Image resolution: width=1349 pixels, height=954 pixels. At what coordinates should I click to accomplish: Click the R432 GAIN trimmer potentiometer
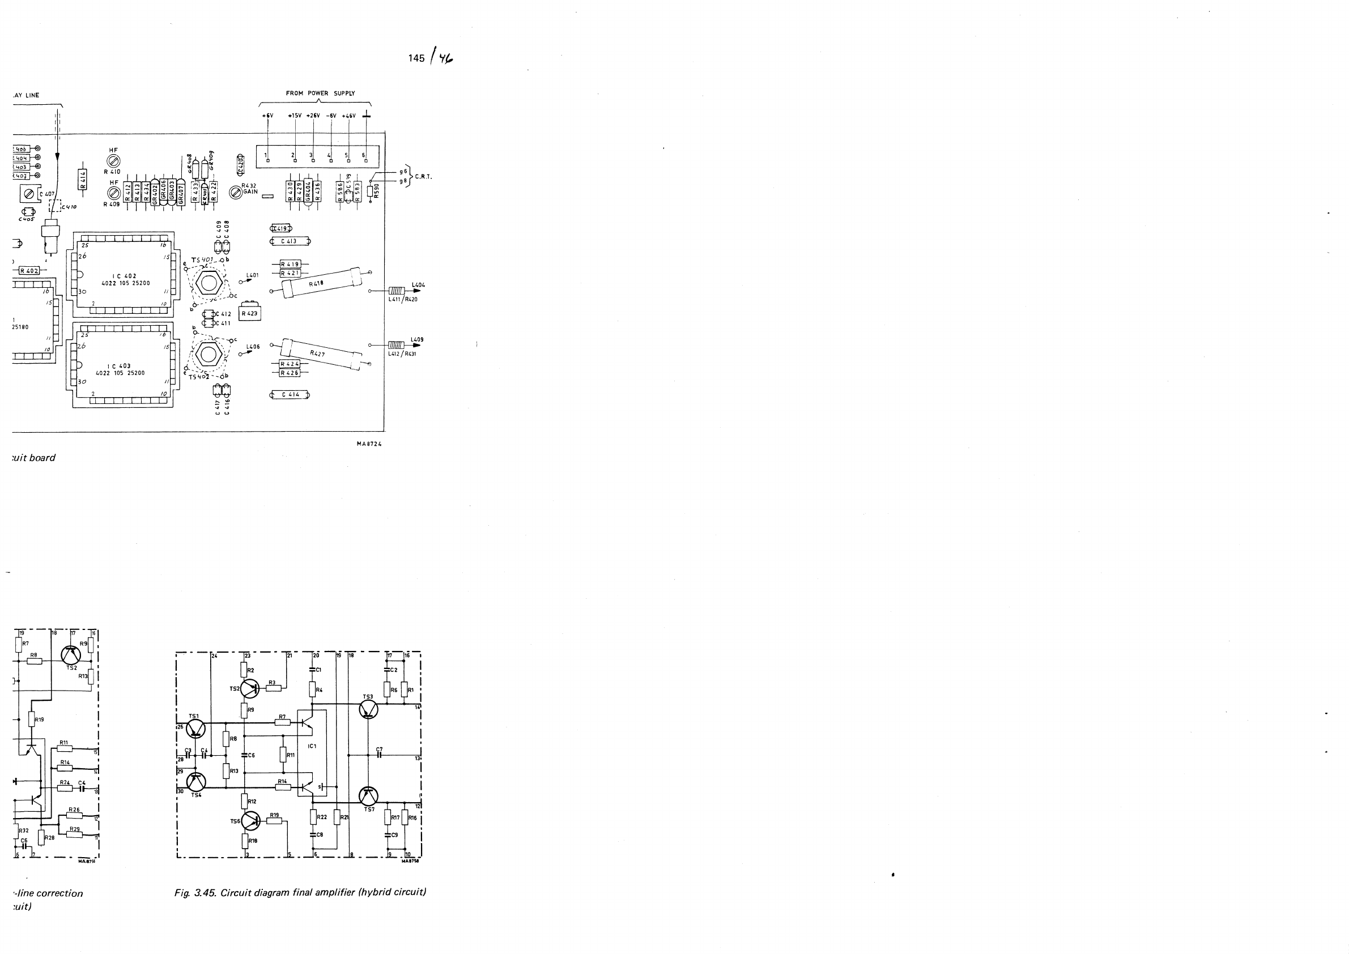click(236, 191)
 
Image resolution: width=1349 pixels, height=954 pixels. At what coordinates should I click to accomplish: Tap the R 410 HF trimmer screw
click(114, 160)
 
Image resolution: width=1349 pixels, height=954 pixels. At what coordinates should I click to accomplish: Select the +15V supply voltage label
click(295, 116)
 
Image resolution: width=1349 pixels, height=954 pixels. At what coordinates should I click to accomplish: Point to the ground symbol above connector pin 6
click(367, 114)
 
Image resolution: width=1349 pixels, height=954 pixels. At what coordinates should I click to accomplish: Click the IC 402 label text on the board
click(125, 276)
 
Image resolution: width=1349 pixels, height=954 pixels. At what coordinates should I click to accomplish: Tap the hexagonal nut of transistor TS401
click(207, 283)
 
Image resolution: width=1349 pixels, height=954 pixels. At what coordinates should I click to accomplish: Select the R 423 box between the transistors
click(250, 313)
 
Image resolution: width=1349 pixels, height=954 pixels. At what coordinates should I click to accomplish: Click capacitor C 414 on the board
click(290, 395)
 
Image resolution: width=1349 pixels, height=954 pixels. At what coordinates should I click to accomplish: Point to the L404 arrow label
click(418, 286)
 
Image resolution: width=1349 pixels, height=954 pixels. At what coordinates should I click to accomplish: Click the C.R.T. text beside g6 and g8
click(423, 177)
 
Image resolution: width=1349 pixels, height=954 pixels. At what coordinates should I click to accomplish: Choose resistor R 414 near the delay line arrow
click(83, 178)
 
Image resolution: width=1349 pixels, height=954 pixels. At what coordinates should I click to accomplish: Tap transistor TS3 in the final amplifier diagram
click(368, 710)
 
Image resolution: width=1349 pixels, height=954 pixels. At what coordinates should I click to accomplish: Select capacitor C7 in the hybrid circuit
click(380, 754)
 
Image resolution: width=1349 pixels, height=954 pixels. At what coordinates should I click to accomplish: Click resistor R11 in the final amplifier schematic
click(283, 754)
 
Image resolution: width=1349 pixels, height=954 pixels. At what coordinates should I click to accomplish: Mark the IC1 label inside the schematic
click(312, 746)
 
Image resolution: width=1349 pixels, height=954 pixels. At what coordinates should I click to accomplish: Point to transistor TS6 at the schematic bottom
click(250, 821)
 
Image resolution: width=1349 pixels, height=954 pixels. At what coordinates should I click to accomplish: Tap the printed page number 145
click(416, 58)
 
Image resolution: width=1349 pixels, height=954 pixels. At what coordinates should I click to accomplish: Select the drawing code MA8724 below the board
click(369, 444)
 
